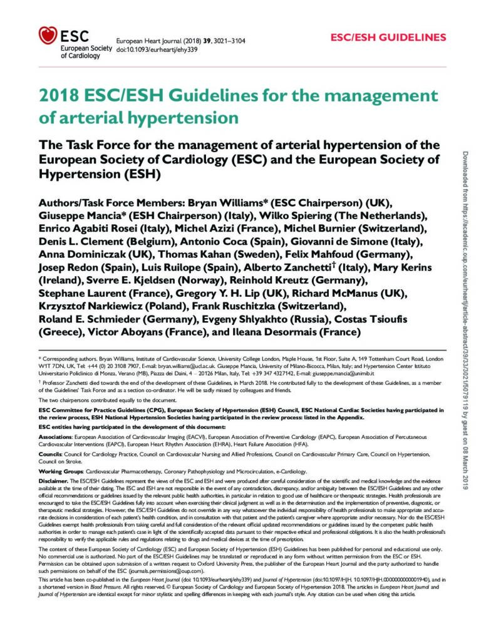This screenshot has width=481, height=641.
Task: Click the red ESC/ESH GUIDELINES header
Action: (388, 37)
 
